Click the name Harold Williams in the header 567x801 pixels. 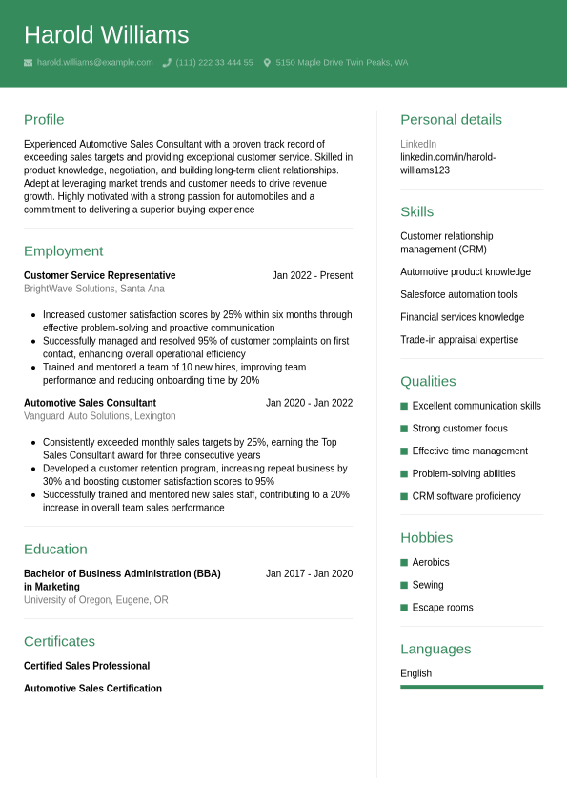106,35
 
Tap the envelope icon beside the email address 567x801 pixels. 29,63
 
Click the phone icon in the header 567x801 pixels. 167,63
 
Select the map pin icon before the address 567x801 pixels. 267,63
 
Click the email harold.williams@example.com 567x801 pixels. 94,63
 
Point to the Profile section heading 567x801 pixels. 44,120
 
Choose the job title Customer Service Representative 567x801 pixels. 99,275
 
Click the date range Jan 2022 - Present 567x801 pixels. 312,275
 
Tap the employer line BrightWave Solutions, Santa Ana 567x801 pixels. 93,289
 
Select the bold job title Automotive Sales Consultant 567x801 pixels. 90,403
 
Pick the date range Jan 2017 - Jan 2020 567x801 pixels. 309,573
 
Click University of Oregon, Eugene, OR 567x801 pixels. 95,600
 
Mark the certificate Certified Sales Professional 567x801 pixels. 87,666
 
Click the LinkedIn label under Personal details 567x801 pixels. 417,144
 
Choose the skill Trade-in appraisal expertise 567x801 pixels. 459,340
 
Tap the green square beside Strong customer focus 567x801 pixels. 404,429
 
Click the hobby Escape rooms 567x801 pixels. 442,608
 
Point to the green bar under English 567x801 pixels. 471,686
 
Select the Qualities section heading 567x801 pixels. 428,381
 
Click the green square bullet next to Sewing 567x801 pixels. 404,585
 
